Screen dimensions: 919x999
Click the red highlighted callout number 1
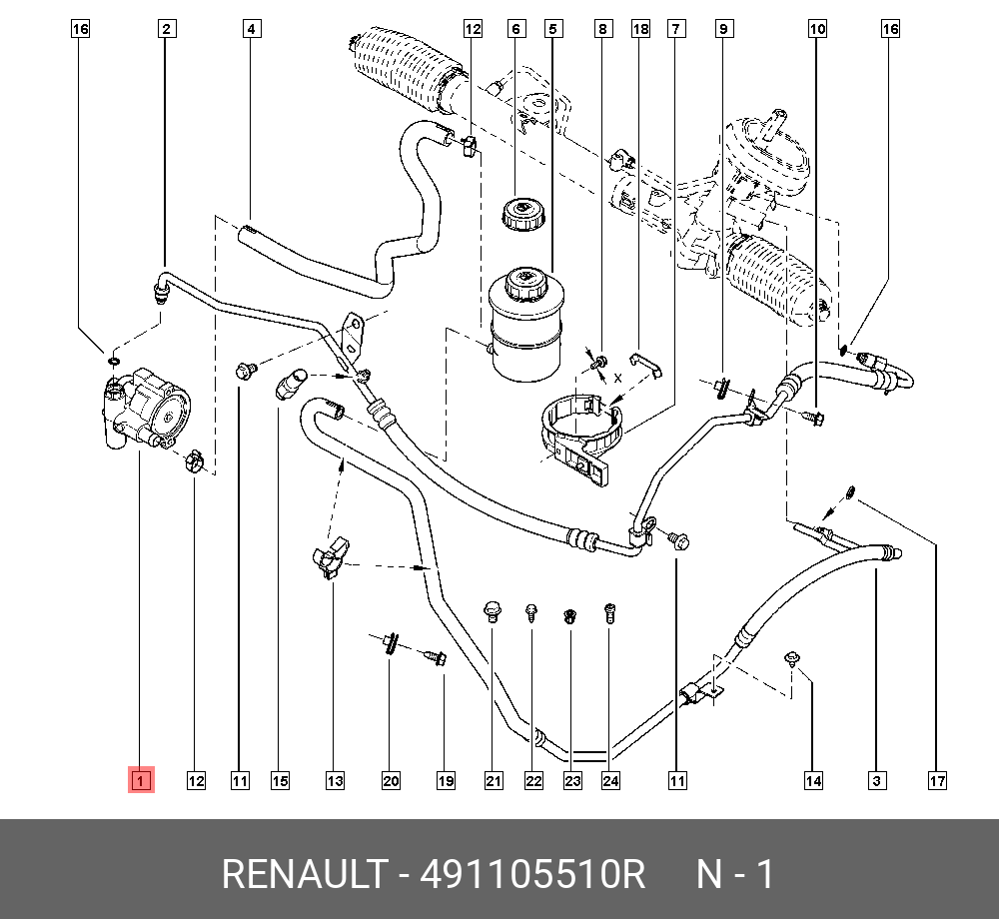click(x=140, y=780)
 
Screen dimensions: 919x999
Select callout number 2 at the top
click(x=167, y=29)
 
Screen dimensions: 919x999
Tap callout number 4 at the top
click(x=252, y=29)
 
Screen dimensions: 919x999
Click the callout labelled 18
click(x=640, y=29)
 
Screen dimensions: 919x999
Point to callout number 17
click(x=936, y=780)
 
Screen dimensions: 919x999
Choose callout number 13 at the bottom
click(x=334, y=780)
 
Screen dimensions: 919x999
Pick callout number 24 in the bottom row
click(x=610, y=780)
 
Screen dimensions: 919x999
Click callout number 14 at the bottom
click(x=813, y=780)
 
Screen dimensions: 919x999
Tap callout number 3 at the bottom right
click(x=876, y=780)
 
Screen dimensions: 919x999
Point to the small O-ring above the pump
click(x=114, y=361)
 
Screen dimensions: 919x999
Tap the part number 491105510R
click(x=532, y=875)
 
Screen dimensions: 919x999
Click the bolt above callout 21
click(x=491, y=610)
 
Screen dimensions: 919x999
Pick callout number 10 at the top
click(x=817, y=29)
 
